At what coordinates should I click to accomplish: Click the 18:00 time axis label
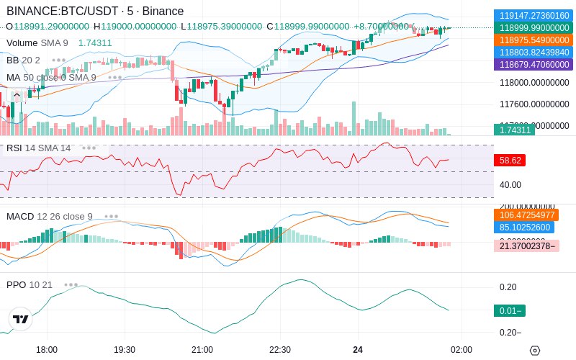point(47,350)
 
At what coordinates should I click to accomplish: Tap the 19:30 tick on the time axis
point(125,350)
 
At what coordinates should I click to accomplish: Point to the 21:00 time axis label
point(202,350)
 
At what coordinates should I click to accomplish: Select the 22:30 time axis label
point(280,350)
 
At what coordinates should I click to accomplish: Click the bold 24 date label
point(358,350)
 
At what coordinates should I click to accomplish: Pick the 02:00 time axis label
point(462,350)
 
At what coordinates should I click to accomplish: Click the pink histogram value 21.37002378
point(534,246)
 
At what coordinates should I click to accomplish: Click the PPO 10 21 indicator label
point(30,284)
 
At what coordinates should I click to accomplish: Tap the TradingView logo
point(21,319)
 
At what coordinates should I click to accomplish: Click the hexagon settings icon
point(534,351)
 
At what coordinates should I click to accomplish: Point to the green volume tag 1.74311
point(513,130)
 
